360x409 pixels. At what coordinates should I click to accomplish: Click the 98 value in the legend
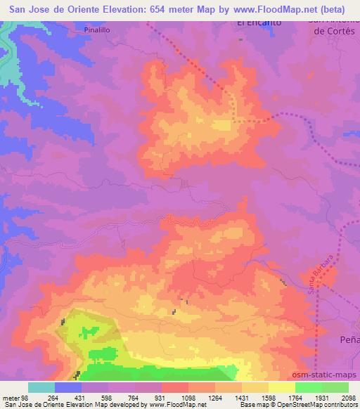tap(27, 398)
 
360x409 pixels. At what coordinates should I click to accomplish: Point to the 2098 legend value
tap(347, 398)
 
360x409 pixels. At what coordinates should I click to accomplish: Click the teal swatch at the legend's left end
tap(41, 387)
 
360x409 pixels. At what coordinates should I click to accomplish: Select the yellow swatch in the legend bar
tap(281, 387)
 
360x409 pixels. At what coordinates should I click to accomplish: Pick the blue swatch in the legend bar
tap(68, 387)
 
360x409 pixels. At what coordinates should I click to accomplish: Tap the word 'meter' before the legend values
tap(11, 398)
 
